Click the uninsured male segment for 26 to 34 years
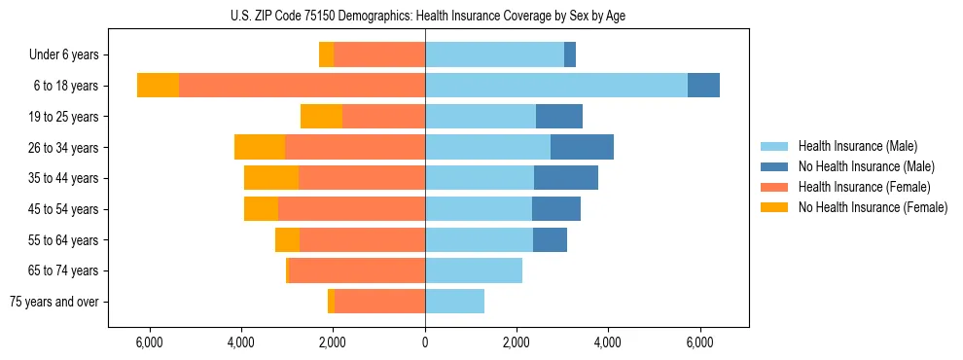click(x=582, y=147)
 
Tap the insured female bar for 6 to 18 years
click(x=302, y=86)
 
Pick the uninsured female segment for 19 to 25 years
click(x=321, y=117)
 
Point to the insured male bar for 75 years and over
click(x=454, y=302)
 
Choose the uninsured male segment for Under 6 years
click(x=570, y=54)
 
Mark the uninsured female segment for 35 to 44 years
click(x=271, y=178)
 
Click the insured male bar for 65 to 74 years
click(x=474, y=270)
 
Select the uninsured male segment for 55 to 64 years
click(x=550, y=239)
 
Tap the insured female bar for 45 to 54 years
click(x=351, y=209)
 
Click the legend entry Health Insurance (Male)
click(x=857, y=146)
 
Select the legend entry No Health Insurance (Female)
click(x=873, y=207)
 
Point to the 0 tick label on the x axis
click(x=425, y=342)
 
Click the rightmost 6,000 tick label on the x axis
click(x=699, y=342)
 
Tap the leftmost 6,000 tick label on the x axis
click(x=149, y=342)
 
